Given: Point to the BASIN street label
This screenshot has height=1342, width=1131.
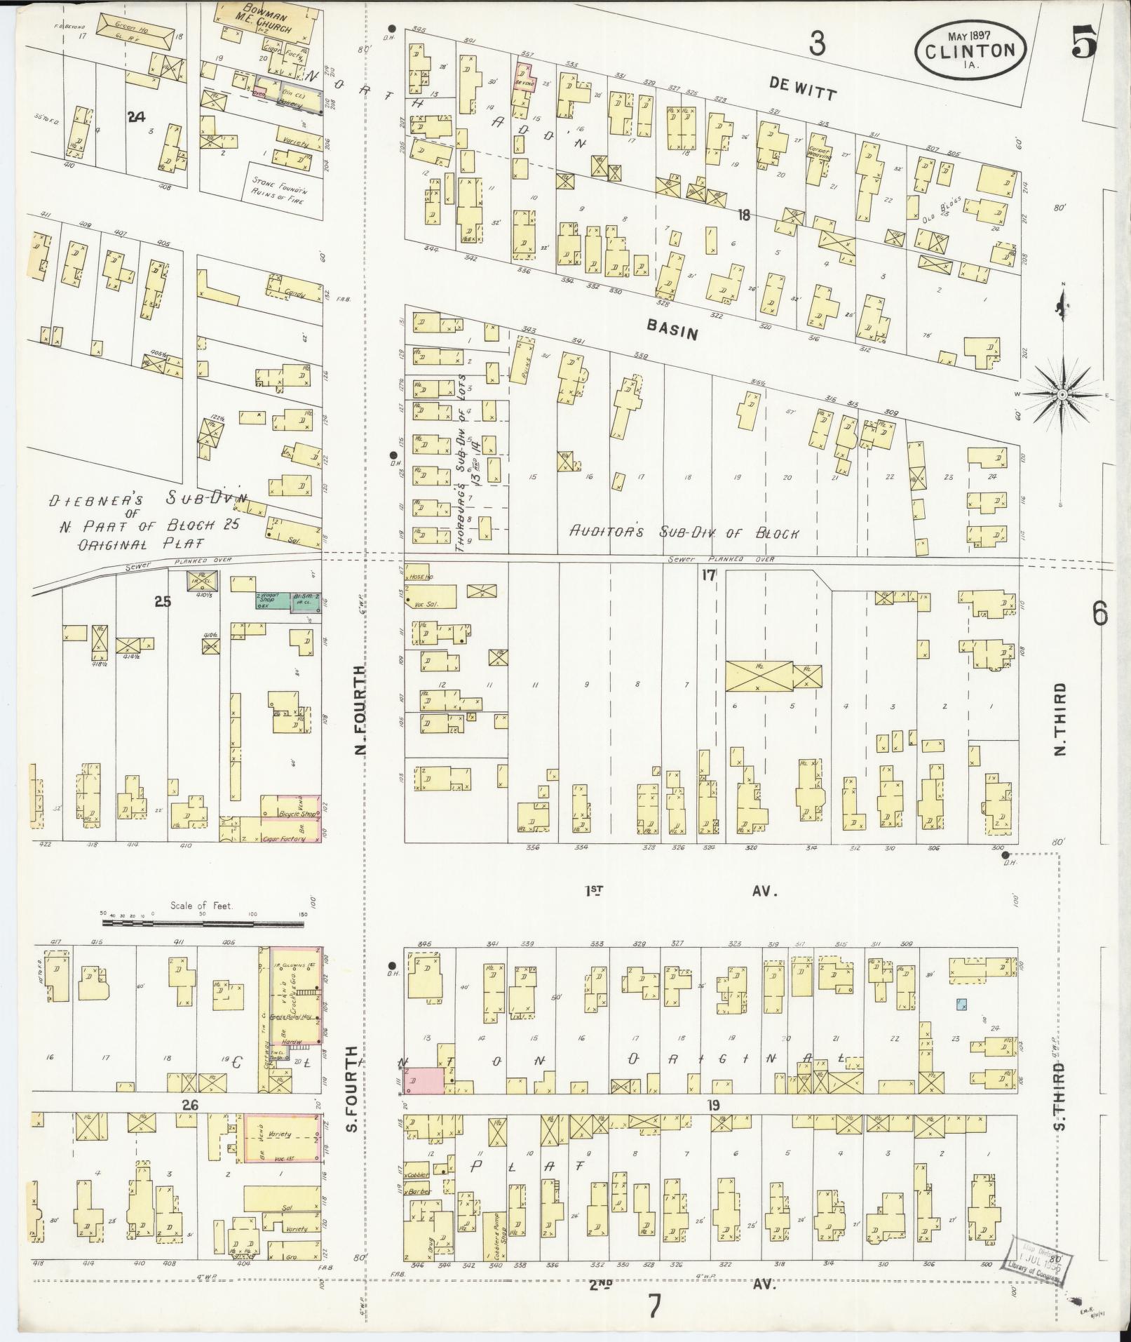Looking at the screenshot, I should click(x=672, y=328).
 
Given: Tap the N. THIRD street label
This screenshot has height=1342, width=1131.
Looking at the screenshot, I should click(x=1059, y=719).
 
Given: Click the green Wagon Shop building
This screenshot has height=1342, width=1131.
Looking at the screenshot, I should click(x=272, y=601).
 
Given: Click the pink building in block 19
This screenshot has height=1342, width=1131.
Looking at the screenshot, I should click(x=426, y=1099).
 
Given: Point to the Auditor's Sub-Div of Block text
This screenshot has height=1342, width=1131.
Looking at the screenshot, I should click(x=684, y=532).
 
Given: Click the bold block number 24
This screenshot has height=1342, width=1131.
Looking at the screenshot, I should click(x=136, y=117).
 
